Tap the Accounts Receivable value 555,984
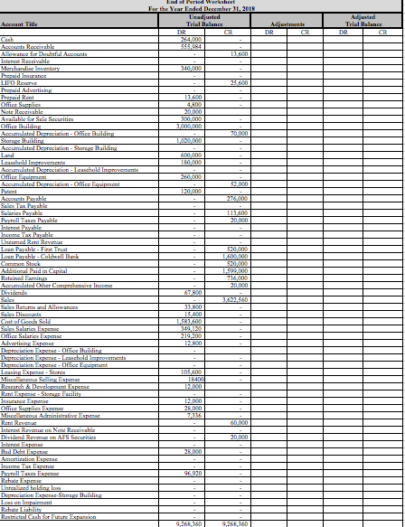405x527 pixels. coord(191,46)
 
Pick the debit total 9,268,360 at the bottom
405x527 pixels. coord(189,522)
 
